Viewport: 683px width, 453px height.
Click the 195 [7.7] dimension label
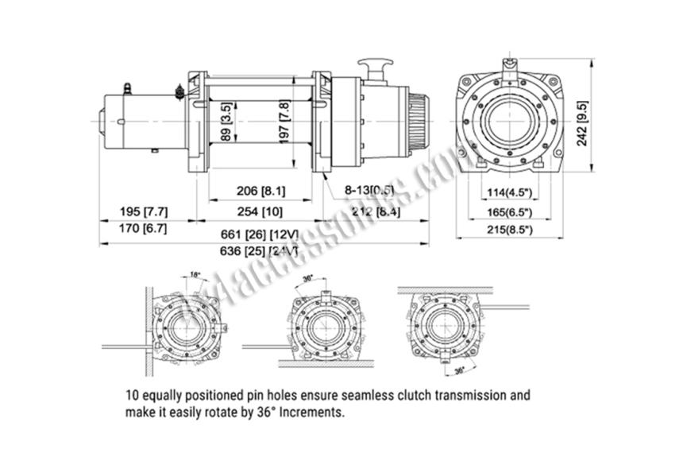click(x=143, y=211)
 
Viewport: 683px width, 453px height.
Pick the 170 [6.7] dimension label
click(x=143, y=230)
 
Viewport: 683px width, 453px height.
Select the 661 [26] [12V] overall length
click(x=261, y=235)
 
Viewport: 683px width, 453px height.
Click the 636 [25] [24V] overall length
click(x=261, y=252)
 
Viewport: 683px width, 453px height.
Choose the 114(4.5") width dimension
click(x=509, y=192)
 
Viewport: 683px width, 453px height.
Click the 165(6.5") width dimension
click(x=509, y=213)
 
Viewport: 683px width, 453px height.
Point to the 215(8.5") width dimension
click(x=509, y=230)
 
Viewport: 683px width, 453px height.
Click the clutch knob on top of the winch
click(x=371, y=64)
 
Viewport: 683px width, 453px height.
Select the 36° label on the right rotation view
click(x=459, y=370)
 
